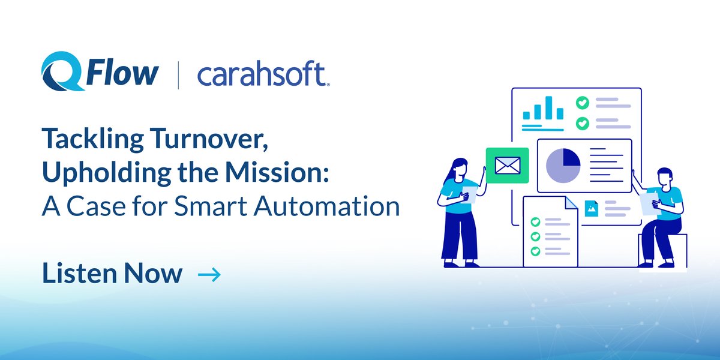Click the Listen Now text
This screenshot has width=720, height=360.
coord(112,274)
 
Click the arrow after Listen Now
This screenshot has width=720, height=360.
coord(209,275)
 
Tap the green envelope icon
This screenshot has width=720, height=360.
coord(507,164)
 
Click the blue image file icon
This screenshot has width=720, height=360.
coord(592,208)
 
